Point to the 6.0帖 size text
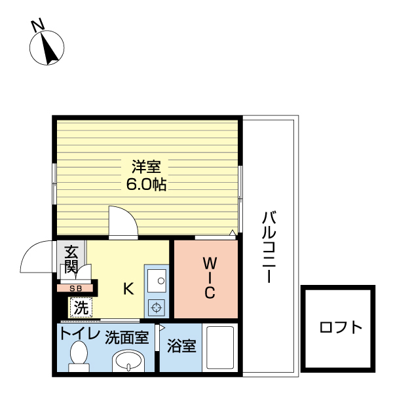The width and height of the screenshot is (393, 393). click(146, 184)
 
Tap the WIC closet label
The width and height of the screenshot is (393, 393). click(209, 278)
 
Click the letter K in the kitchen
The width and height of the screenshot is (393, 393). click(129, 288)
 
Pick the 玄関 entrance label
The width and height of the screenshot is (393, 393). click(71, 258)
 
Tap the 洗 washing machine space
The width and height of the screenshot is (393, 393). click(80, 307)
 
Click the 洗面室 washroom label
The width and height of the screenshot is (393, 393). click(127, 338)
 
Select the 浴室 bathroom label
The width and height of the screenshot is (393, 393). click(181, 345)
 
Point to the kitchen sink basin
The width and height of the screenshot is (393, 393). click(157, 282)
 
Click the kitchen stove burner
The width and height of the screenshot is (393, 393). click(157, 305)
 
